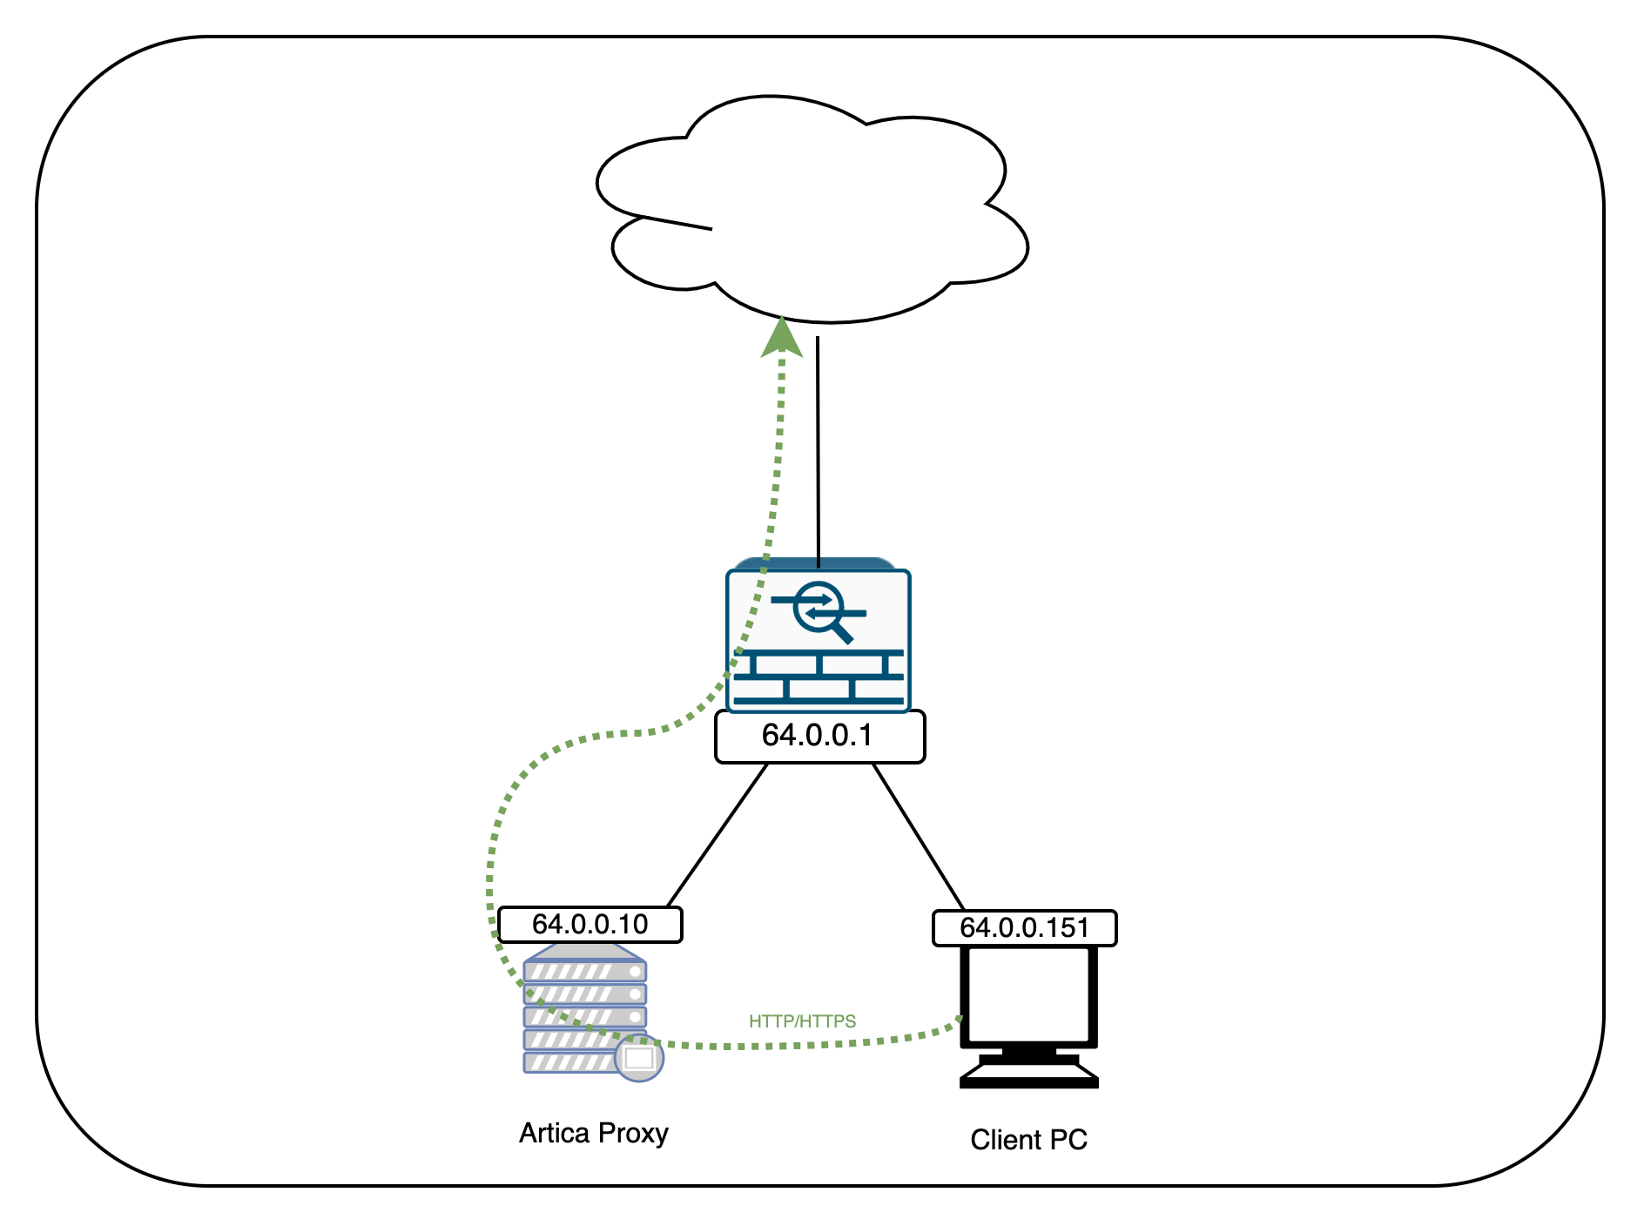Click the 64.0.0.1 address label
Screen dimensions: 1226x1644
tap(819, 737)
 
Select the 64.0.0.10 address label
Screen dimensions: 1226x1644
tap(590, 924)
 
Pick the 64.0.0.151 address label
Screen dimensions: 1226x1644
tap(1024, 927)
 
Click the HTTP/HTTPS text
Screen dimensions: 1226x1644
tap(802, 1021)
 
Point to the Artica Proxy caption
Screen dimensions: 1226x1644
tap(593, 1133)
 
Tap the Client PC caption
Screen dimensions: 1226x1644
tap(1028, 1140)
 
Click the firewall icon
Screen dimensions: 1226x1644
tap(818, 640)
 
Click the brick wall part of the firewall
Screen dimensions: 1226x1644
tap(818, 677)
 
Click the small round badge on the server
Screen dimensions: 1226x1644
tap(639, 1059)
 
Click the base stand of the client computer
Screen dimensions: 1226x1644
tap(1028, 1074)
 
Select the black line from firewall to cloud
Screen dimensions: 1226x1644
tap(818, 453)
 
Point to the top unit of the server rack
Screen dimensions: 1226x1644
tap(584, 970)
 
